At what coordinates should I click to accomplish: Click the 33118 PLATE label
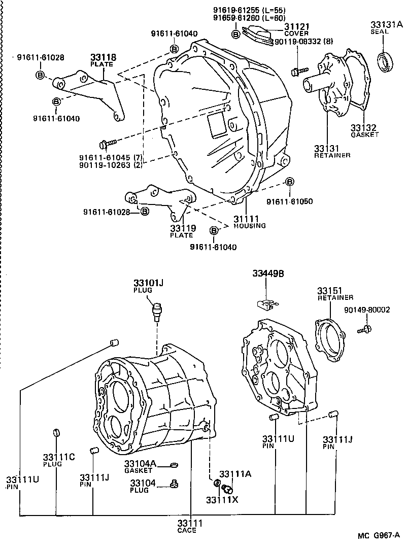[103, 60]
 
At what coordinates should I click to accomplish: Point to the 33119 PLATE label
[182, 231]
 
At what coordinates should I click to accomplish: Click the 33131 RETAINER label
[331, 151]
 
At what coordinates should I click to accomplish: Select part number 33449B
[268, 273]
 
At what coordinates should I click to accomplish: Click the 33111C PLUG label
[59, 460]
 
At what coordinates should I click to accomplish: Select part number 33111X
[222, 499]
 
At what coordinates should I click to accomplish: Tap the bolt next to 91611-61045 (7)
[108, 145]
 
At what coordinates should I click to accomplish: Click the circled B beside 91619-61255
[236, 34]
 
